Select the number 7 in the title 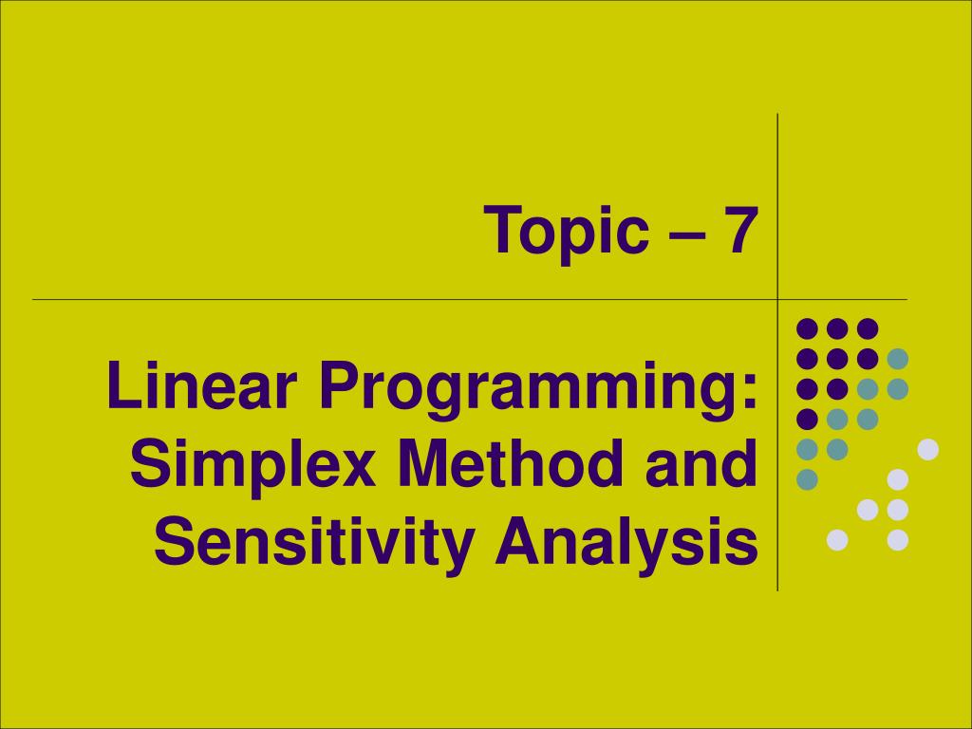[x=740, y=231]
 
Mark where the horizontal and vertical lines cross [x=778, y=299]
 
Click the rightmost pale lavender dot [x=927, y=449]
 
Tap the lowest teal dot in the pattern [x=807, y=479]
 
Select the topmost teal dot [x=897, y=359]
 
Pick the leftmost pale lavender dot [x=837, y=540]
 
